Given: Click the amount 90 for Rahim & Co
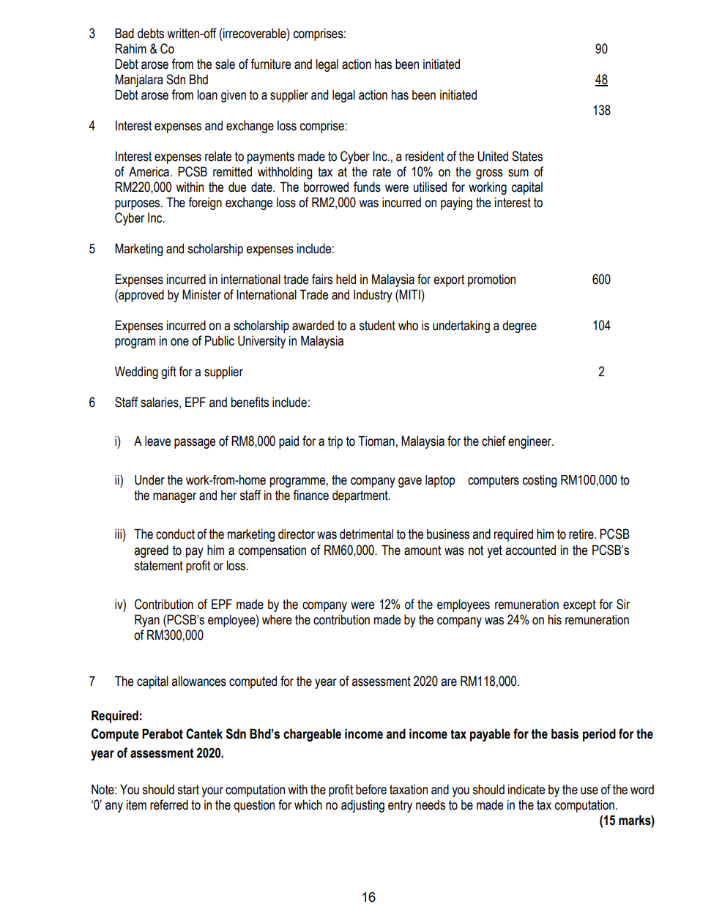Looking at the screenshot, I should tap(601, 49).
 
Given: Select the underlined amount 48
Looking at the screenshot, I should tap(601, 80).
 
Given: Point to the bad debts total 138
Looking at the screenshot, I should tap(601, 111).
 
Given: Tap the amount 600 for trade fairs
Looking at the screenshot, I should tap(601, 280).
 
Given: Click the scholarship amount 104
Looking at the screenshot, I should tap(601, 326).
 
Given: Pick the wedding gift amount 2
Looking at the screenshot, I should tap(601, 372).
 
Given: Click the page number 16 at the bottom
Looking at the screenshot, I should tap(368, 897).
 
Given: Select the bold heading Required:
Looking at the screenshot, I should tap(116, 716).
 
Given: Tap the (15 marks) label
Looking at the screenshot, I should tap(627, 821).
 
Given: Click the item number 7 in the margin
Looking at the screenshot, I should tap(92, 681).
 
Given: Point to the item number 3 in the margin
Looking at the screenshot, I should tap(92, 34).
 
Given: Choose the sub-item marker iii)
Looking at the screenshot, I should tap(120, 535).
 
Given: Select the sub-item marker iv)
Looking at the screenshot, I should tap(120, 605).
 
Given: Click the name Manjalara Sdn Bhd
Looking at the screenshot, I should tap(161, 80).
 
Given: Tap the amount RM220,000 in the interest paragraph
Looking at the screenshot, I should tap(143, 187).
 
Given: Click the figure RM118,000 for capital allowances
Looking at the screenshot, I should tap(489, 681).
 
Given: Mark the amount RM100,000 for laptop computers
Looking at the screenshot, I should tap(589, 480).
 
